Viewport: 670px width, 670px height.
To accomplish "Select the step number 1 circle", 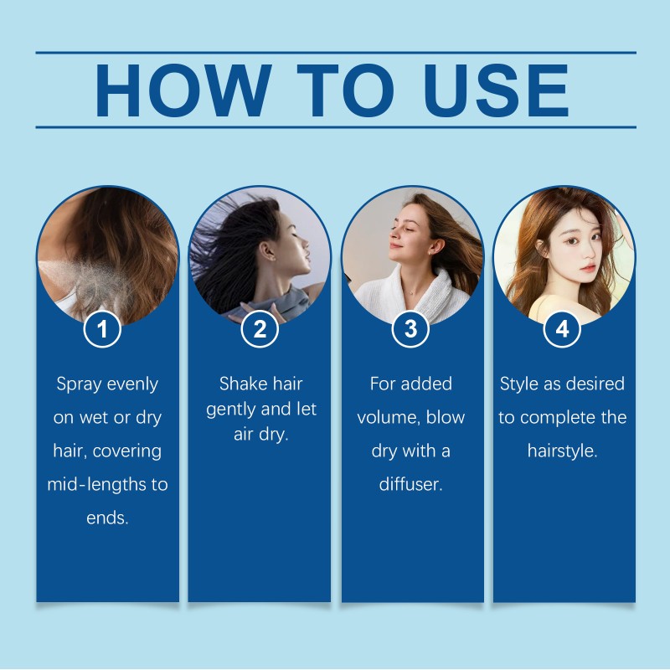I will (103, 329).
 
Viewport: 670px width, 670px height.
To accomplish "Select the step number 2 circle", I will (260, 329).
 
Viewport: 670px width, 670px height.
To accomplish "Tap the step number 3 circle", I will (410, 329).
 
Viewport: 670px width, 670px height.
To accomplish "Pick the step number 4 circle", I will (562, 329).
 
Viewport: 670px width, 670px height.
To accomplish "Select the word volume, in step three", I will (389, 418).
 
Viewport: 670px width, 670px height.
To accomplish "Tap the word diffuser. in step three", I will (410, 485).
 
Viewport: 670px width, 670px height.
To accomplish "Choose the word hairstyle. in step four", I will (562, 451).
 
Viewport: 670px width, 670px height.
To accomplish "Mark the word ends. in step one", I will (107, 518).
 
